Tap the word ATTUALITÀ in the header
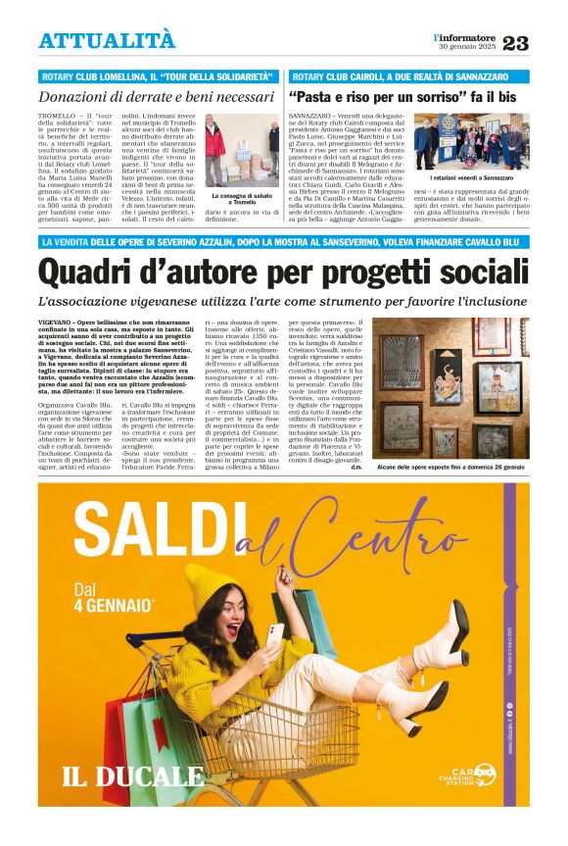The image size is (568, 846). [x=107, y=40]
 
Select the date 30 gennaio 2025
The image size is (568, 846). [x=467, y=48]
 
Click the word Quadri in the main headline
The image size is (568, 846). [x=89, y=270]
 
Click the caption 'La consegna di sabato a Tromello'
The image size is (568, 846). [x=242, y=199]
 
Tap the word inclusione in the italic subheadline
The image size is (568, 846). [x=495, y=301]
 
